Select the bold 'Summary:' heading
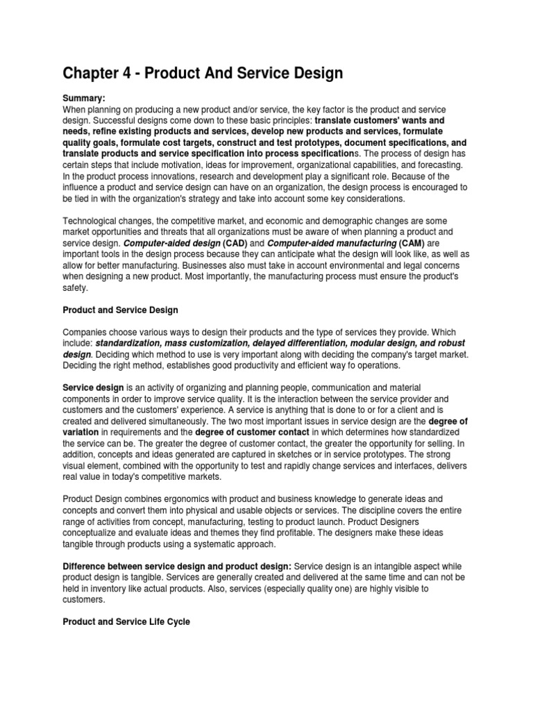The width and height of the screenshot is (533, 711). (83, 99)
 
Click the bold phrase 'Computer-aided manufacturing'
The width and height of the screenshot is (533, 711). (331, 242)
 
